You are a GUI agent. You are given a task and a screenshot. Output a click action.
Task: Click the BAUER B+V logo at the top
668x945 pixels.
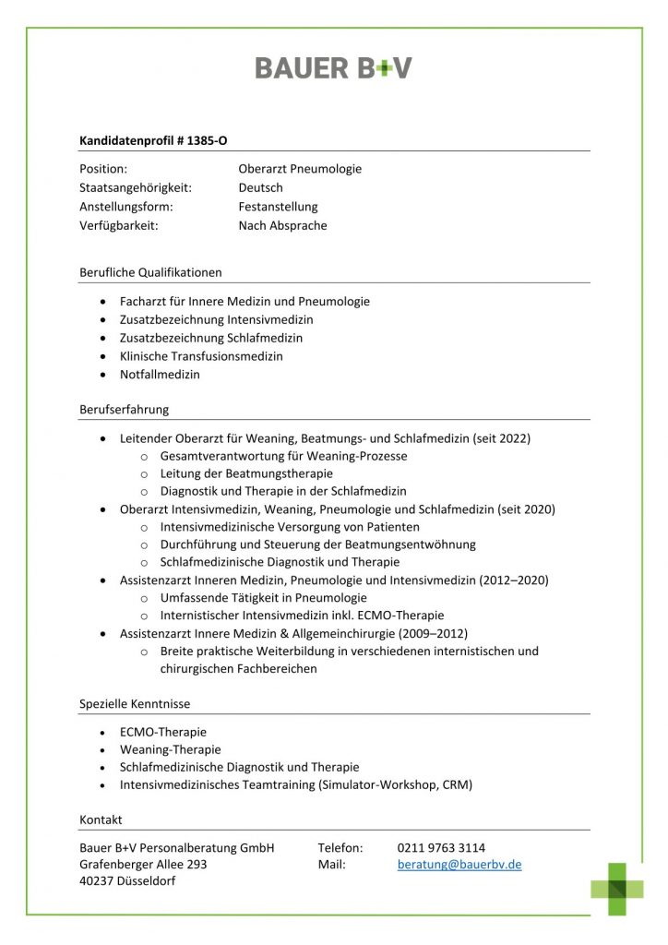(333, 67)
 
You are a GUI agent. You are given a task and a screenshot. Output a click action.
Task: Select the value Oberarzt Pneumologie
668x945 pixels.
(300, 169)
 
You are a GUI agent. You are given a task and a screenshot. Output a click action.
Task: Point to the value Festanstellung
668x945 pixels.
(278, 207)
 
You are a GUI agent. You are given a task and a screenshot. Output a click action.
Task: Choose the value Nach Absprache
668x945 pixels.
(282, 225)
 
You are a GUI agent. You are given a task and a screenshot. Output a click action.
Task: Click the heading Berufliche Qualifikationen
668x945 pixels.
(150, 272)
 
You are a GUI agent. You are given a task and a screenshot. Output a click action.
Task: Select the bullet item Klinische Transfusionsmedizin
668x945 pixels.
(201, 356)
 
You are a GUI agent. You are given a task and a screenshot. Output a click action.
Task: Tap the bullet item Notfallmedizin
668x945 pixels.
(160, 375)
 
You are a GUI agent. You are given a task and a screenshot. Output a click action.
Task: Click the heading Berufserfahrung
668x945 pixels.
(124, 409)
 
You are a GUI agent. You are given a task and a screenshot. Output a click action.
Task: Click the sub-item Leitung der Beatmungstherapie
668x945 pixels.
(246, 473)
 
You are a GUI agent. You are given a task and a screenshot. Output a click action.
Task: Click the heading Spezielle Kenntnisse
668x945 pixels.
(135, 703)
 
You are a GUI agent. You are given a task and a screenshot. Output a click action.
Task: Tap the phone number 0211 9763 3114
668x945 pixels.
(441, 847)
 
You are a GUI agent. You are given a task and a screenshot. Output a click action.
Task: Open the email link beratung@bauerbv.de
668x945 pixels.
(459, 865)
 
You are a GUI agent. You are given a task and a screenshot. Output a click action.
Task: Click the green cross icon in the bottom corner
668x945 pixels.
(617, 889)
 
